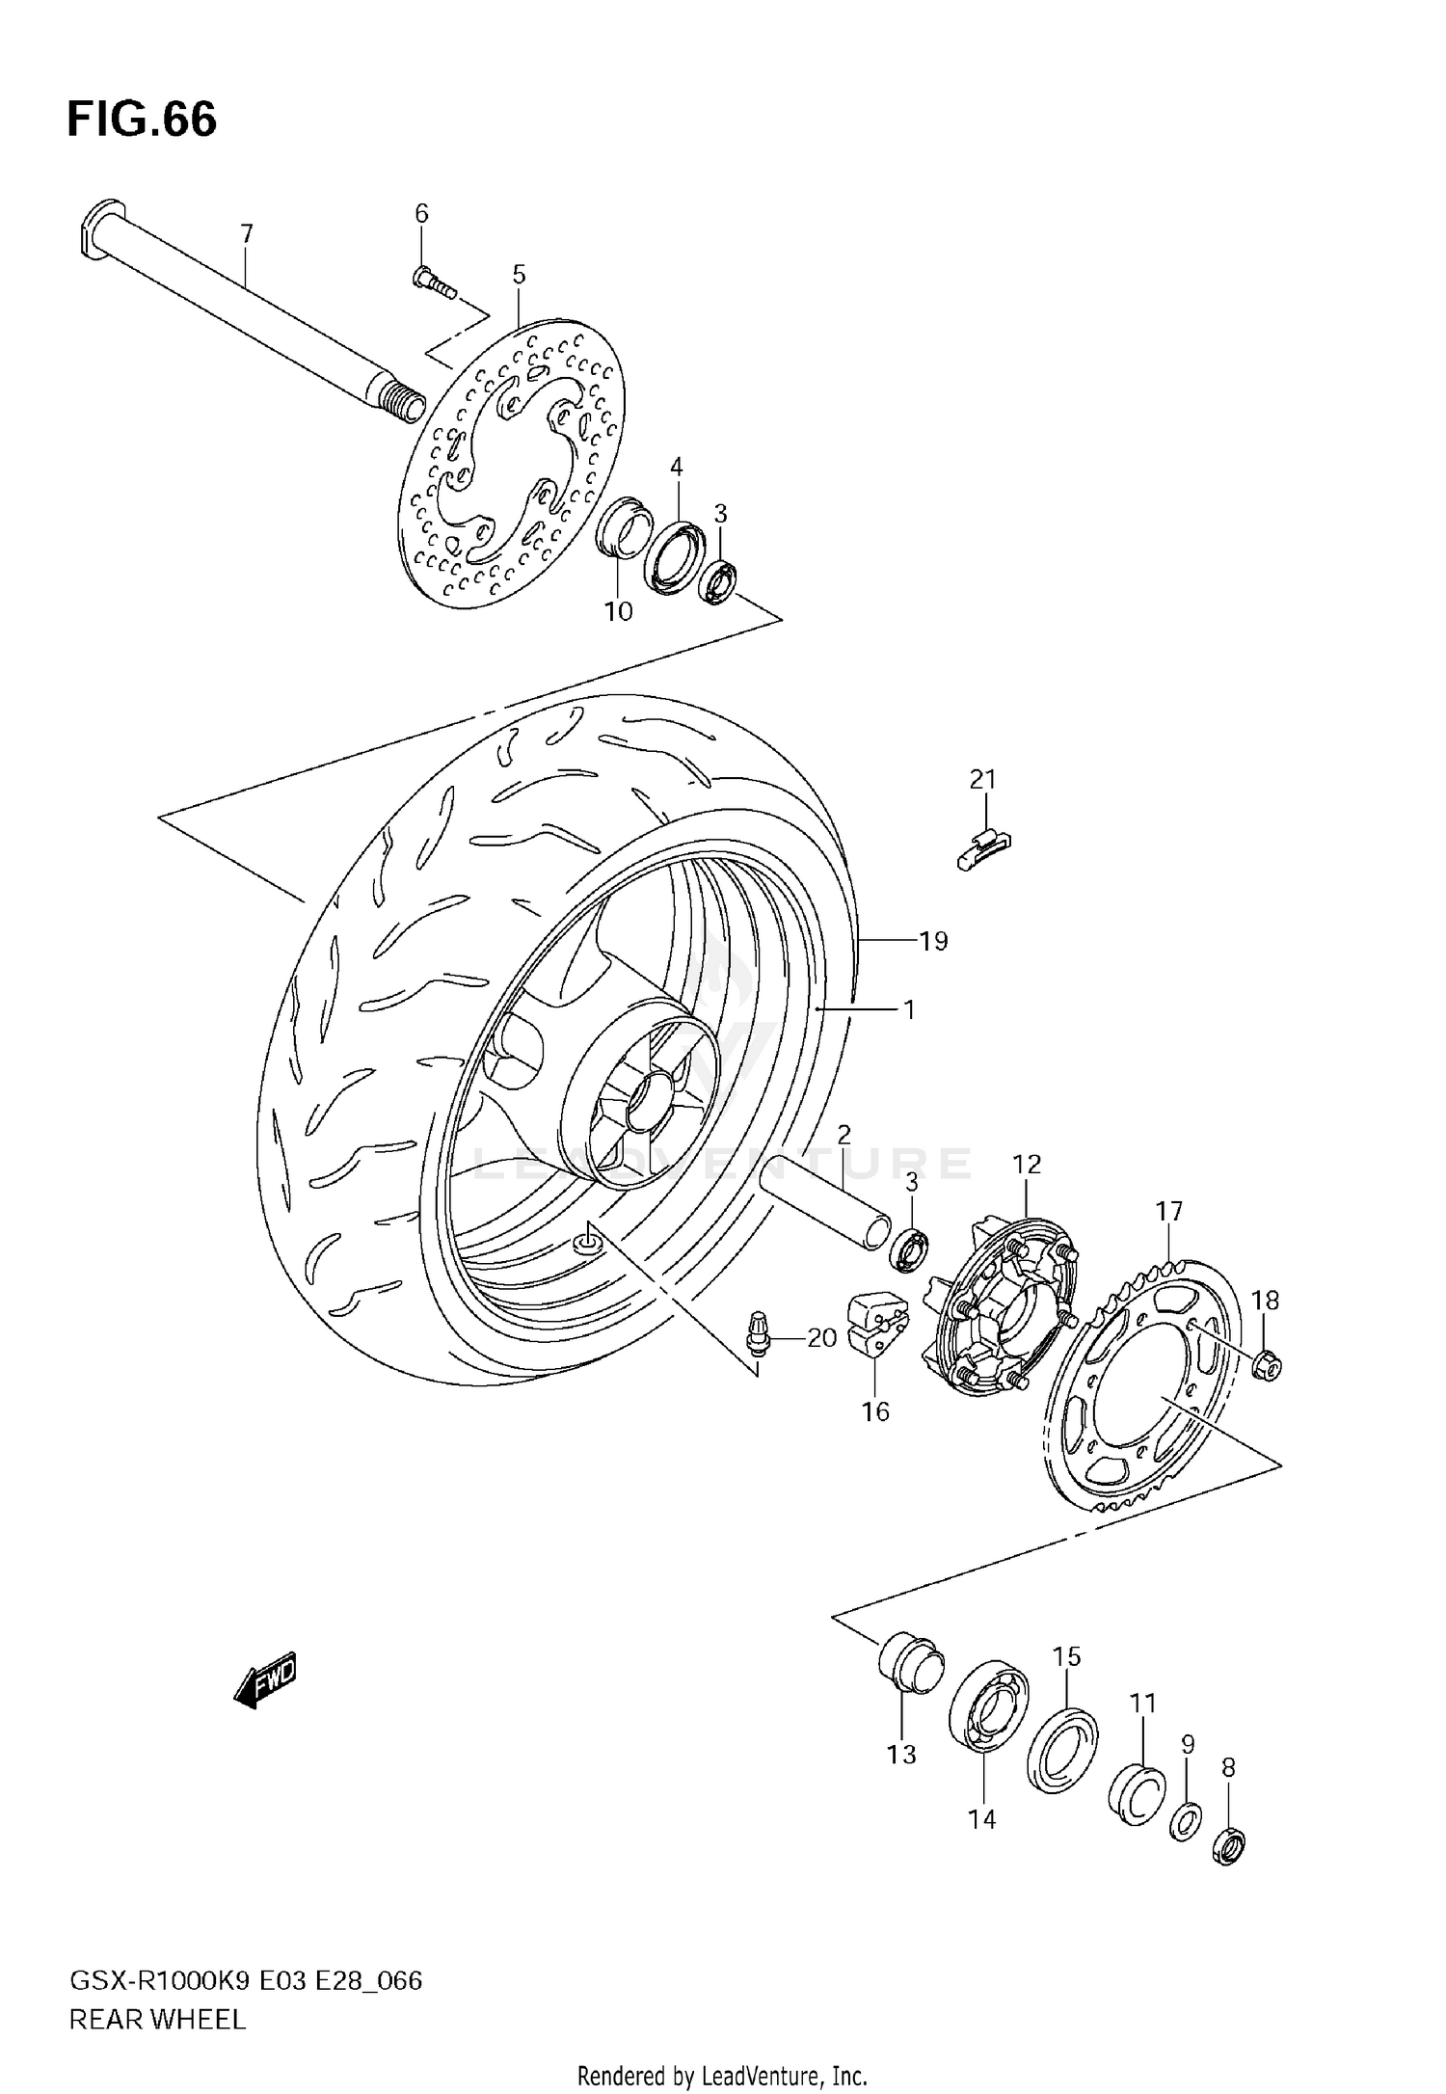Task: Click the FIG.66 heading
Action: [x=143, y=120]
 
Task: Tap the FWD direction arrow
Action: [x=266, y=1681]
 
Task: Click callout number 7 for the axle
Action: [x=247, y=233]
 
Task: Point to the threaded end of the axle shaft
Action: [x=404, y=399]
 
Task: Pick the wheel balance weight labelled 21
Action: [x=984, y=848]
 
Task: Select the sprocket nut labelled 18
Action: [x=1269, y=1364]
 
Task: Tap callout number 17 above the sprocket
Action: [x=1169, y=1211]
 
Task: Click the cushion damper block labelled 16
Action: [x=875, y=1327]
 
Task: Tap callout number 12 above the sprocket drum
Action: [x=1028, y=1164]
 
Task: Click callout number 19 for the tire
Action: [x=933, y=940]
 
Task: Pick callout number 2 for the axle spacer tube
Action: [x=843, y=1134]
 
